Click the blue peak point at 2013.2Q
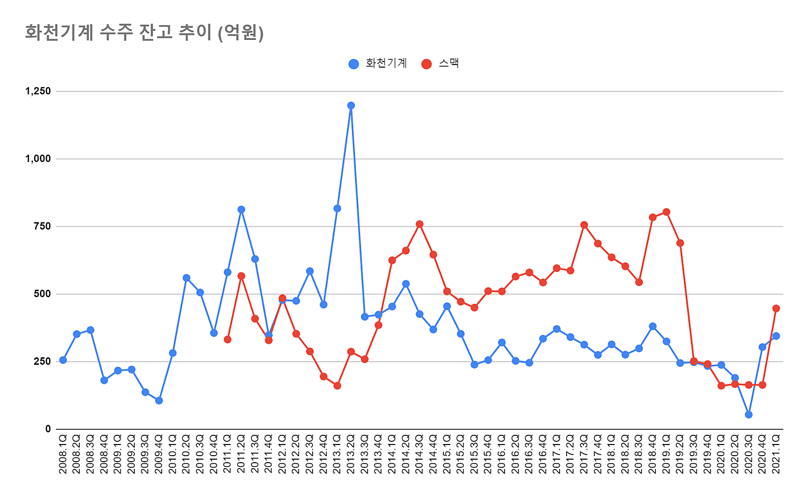351,105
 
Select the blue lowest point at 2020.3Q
748,415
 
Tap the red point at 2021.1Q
776,308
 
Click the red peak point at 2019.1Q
666,212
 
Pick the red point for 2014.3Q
419,224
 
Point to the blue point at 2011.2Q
241,209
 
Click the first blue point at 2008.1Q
63,360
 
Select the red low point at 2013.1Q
337,385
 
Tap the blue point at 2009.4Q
159,401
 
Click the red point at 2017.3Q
584,225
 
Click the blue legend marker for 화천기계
354,64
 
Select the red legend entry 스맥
448,64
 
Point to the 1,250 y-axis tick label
38,91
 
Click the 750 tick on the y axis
42,227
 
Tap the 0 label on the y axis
48,429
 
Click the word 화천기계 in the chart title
59,33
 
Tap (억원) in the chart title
240,33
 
